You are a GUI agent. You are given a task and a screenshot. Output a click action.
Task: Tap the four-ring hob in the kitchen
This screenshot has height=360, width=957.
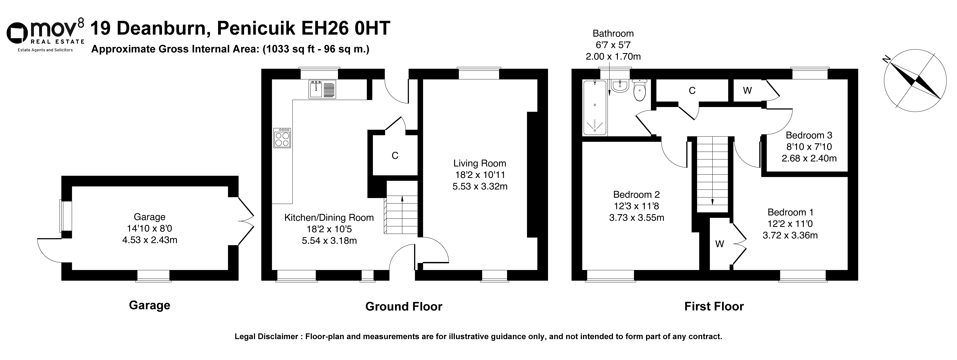click(x=282, y=138)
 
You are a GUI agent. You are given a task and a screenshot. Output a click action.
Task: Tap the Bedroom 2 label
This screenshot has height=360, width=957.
click(x=636, y=194)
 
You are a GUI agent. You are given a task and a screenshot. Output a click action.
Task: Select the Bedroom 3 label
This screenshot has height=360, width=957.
click(x=809, y=135)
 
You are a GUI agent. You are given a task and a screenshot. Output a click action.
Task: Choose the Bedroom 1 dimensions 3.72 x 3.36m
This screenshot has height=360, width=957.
click(x=790, y=235)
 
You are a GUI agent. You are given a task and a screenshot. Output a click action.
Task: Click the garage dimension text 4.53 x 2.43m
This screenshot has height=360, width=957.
click(x=150, y=240)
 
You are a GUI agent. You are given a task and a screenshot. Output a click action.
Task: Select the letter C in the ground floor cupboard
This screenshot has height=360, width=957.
click(x=395, y=156)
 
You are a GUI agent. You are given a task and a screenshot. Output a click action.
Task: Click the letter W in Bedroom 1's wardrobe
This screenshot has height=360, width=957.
click(x=720, y=244)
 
